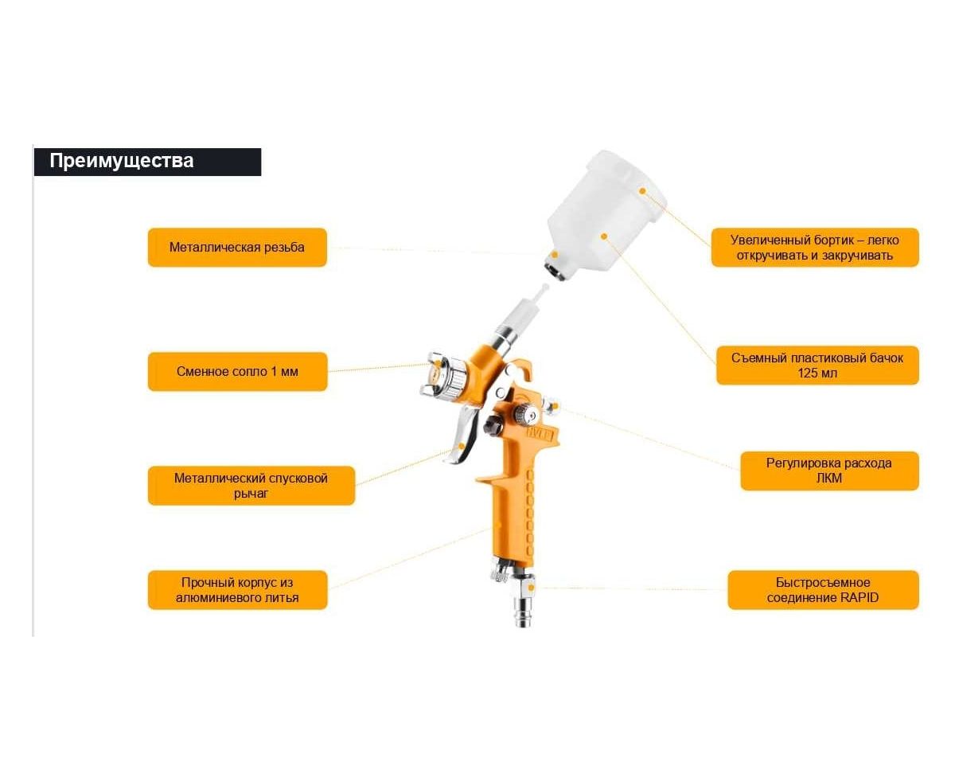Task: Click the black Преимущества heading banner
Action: click(147, 162)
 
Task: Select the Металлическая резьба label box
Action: click(237, 248)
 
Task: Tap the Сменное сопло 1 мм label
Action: click(237, 372)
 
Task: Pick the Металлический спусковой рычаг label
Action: click(251, 486)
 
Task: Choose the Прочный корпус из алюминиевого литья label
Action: click(237, 590)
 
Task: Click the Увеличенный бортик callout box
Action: click(815, 248)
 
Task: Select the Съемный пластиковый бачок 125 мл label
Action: click(817, 366)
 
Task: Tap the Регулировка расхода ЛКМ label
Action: click(829, 471)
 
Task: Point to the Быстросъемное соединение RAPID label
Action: click(823, 590)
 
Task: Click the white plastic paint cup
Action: click(606, 213)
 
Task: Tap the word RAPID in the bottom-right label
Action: click(859, 597)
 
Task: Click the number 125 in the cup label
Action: click(809, 373)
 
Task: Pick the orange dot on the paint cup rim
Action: click(642, 191)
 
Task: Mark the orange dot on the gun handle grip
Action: click(497, 525)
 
